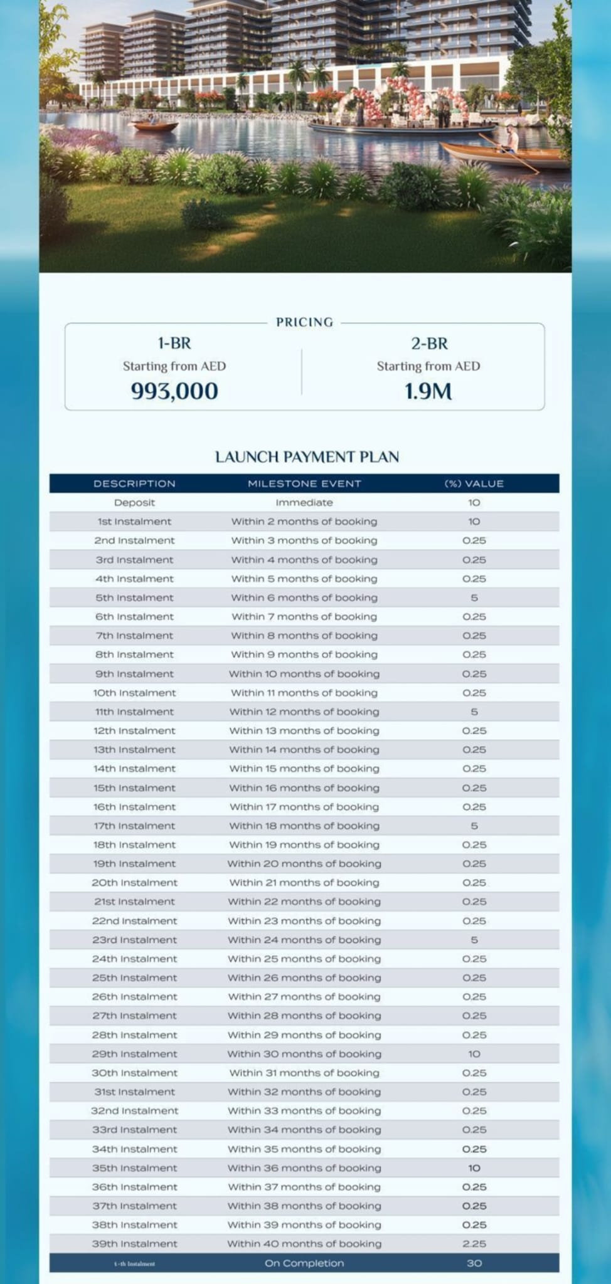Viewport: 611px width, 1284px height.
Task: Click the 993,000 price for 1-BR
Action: click(174, 391)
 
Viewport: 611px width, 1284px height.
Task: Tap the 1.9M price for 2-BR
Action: click(428, 392)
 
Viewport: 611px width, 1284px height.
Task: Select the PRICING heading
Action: click(304, 322)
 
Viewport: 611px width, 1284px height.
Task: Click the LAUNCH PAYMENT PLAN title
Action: click(307, 457)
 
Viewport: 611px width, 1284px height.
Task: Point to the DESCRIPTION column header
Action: click(134, 483)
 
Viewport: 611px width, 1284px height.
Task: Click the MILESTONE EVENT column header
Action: click(304, 483)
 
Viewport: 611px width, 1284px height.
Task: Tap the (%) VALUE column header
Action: click(474, 483)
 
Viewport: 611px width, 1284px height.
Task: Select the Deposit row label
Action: click(134, 503)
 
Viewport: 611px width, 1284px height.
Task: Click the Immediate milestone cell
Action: click(304, 503)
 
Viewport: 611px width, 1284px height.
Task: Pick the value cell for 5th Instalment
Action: click(474, 597)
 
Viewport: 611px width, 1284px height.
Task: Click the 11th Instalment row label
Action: click(134, 712)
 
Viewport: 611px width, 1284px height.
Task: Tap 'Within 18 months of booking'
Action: click(304, 826)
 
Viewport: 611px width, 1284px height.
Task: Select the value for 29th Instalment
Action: click(474, 1054)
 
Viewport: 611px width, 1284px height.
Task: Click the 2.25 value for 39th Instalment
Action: click(474, 1244)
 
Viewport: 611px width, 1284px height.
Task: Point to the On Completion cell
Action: click(304, 1263)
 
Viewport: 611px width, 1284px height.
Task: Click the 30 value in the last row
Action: click(474, 1263)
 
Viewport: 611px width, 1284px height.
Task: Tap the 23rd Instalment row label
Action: click(134, 940)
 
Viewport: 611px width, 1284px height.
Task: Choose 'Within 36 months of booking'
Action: click(304, 1168)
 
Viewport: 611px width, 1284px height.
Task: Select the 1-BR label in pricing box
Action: click(174, 344)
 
